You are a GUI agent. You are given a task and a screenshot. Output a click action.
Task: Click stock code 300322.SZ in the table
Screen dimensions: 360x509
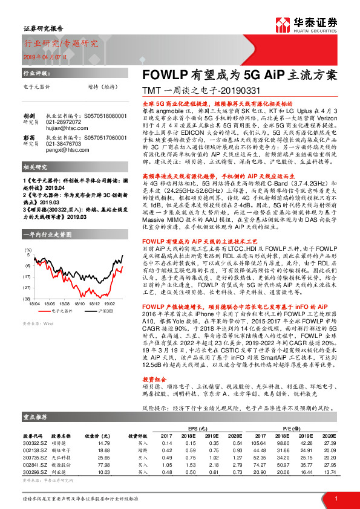point(36,444)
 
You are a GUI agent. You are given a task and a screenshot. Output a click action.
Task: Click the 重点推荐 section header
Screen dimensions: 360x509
point(37,417)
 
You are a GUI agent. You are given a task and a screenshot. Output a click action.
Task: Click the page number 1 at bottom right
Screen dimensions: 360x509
point(335,498)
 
